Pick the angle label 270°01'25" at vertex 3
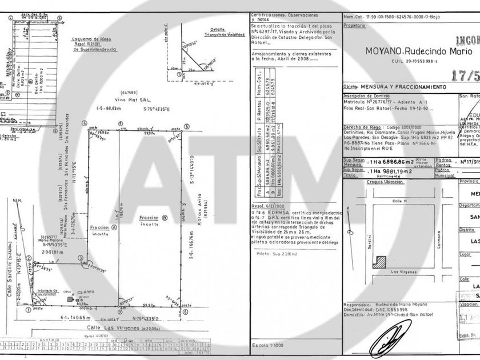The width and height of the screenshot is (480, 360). click(94, 266)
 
